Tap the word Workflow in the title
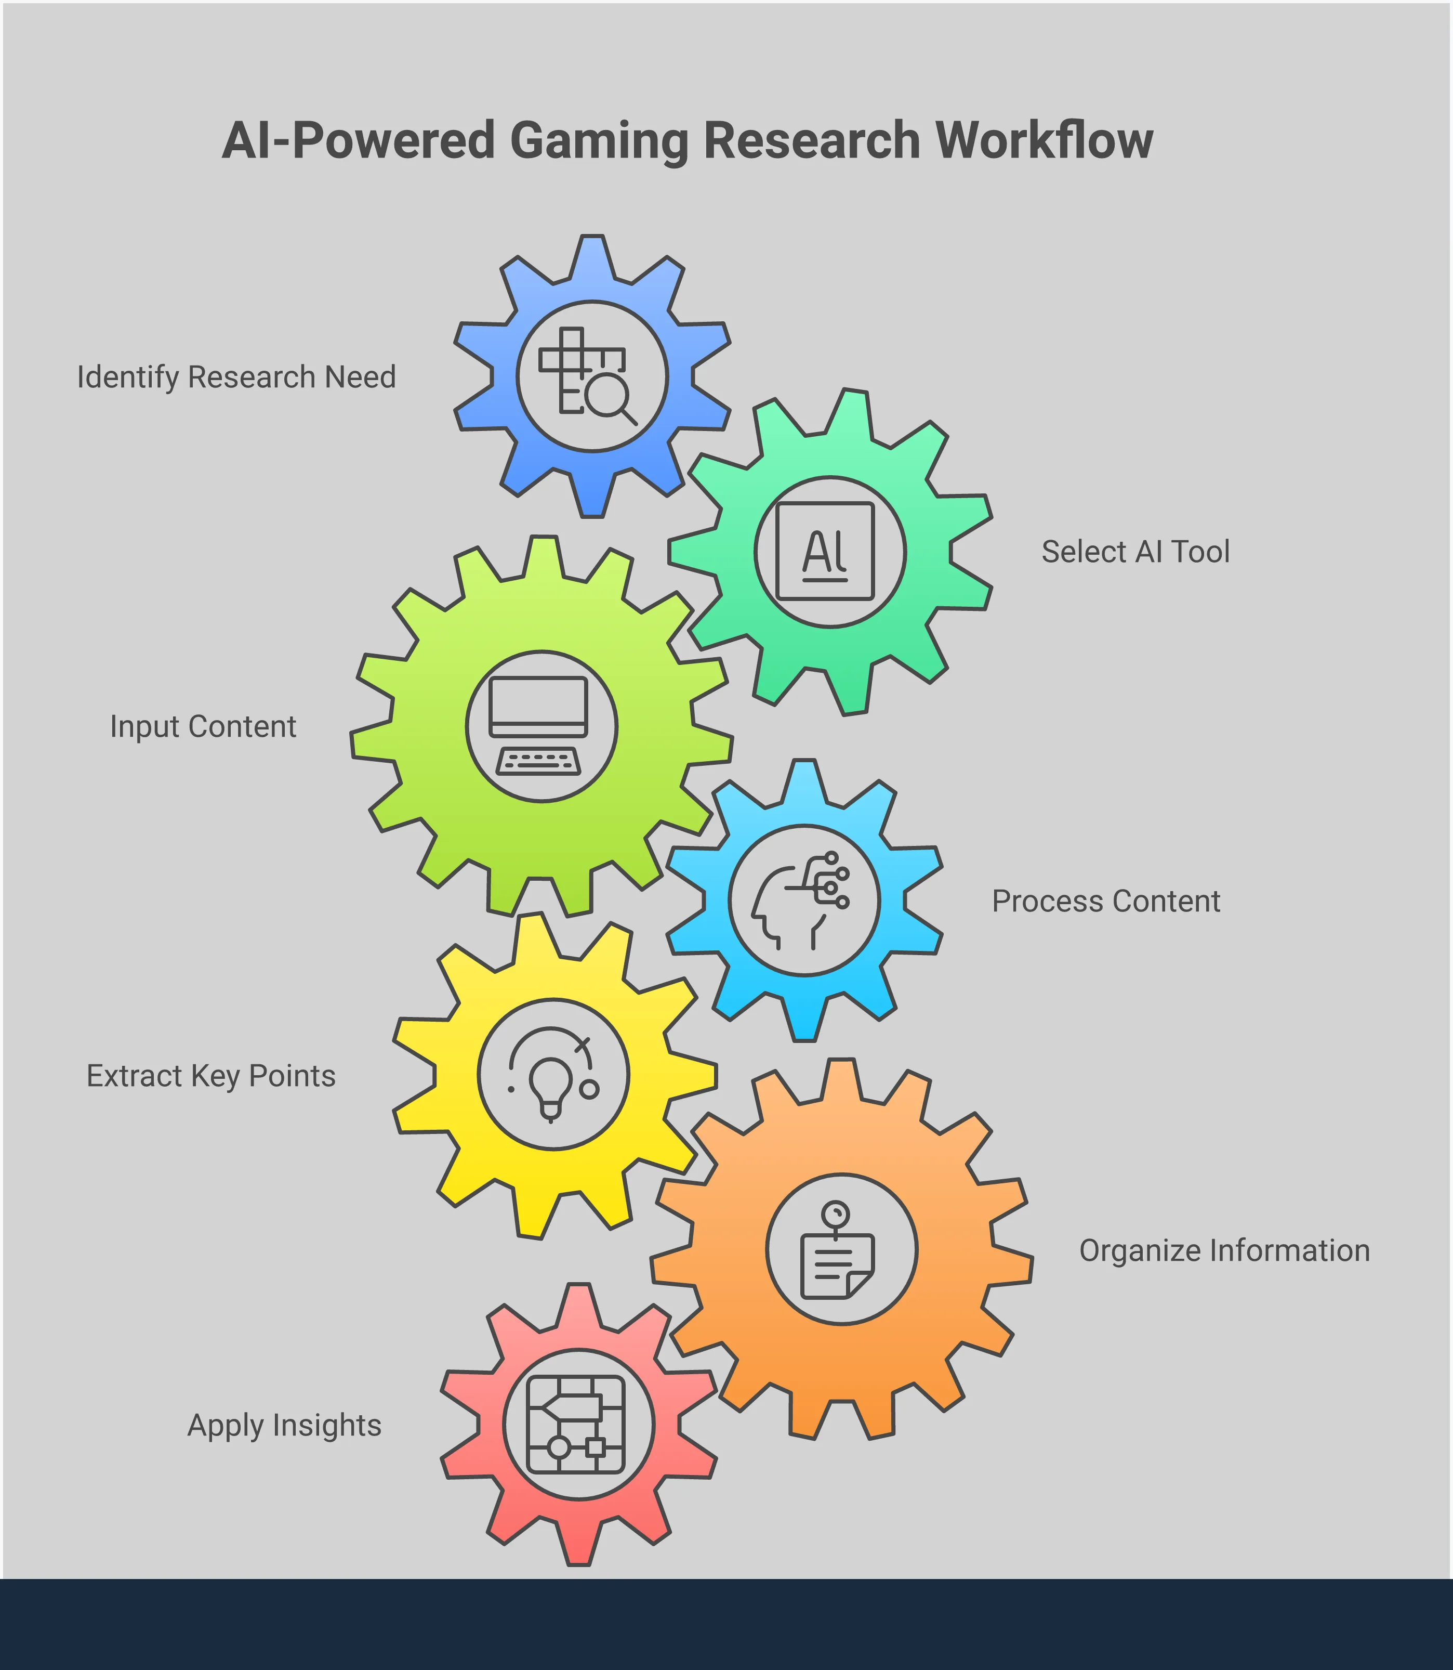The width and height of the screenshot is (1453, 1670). (1045, 140)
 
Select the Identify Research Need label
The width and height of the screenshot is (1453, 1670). (236, 377)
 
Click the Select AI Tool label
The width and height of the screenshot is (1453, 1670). (1135, 552)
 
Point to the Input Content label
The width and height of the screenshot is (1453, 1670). (203, 727)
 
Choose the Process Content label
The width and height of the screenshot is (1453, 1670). (1106, 901)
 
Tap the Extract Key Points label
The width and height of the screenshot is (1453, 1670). (211, 1076)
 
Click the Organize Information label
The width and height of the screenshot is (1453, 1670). (1224, 1250)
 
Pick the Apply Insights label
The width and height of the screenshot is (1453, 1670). (285, 1425)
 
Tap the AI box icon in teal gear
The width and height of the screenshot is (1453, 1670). (825, 552)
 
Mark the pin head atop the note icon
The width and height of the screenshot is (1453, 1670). (835, 1214)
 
